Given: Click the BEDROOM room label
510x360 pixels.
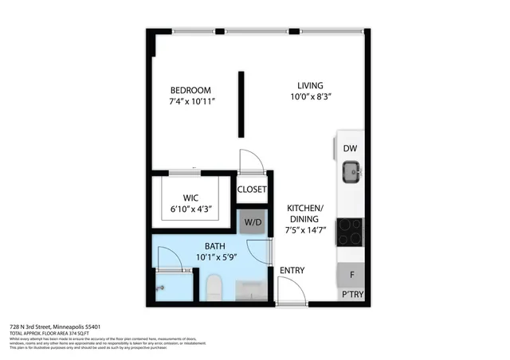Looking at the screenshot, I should (191, 89).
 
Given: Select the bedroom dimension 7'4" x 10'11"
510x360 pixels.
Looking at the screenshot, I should (192, 102).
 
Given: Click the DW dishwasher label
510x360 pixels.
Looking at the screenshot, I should (350, 149).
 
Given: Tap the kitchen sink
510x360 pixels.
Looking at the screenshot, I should (351, 170).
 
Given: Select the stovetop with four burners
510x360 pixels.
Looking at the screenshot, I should (350, 232).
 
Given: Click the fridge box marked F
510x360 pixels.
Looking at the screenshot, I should (350, 275).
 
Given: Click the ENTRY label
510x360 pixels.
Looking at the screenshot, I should (292, 271).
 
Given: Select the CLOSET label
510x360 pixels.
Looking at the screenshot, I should (253, 190).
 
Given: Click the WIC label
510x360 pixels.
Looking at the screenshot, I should (192, 196).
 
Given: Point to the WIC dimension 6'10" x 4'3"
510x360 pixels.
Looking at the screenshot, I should (192, 209).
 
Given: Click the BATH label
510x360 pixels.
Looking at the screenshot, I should (215, 246).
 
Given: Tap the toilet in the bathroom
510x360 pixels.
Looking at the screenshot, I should (214, 287).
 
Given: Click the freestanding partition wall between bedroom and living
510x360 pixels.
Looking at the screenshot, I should (240, 104).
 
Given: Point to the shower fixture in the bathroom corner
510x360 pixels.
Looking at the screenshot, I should (162, 288).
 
